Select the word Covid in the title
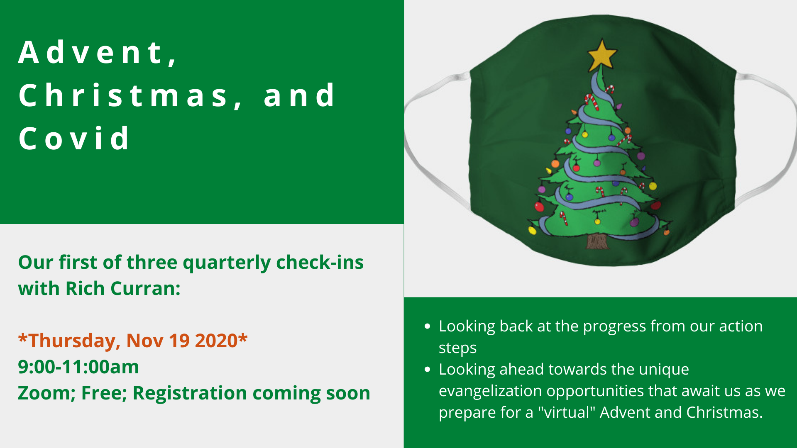[74, 138]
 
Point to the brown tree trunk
[597, 241]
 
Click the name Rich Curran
[123, 288]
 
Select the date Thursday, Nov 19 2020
[133, 341]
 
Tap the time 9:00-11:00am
[78, 367]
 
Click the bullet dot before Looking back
[428, 326]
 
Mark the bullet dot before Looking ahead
[428, 369]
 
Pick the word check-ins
[320, 262]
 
